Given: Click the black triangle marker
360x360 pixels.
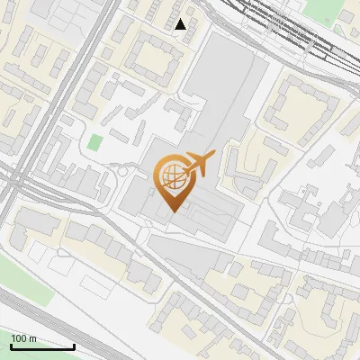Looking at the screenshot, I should [181, 23].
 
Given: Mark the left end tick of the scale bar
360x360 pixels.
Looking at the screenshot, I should [12, 346].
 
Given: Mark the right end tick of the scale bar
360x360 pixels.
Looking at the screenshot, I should [74, 346].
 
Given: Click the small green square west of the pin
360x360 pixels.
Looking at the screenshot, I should [94, 142].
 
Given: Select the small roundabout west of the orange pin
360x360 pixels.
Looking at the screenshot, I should [123, 171].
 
